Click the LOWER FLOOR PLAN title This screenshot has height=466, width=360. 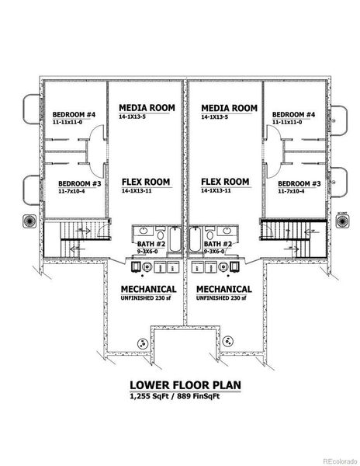(180, 384)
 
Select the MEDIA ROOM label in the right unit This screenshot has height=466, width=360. (228, 107)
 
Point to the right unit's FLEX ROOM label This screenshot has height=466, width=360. (224, 181)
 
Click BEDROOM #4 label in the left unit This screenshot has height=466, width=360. (74, 115)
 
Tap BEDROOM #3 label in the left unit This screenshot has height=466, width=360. (79, 184)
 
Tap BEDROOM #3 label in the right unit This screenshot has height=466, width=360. (299, 184)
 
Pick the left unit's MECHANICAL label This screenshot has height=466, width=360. (147, 288)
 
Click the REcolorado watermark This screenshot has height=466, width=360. (339, 459)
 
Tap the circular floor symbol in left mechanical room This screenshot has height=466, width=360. (142, 343)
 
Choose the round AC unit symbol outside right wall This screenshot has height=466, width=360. (341, 221)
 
